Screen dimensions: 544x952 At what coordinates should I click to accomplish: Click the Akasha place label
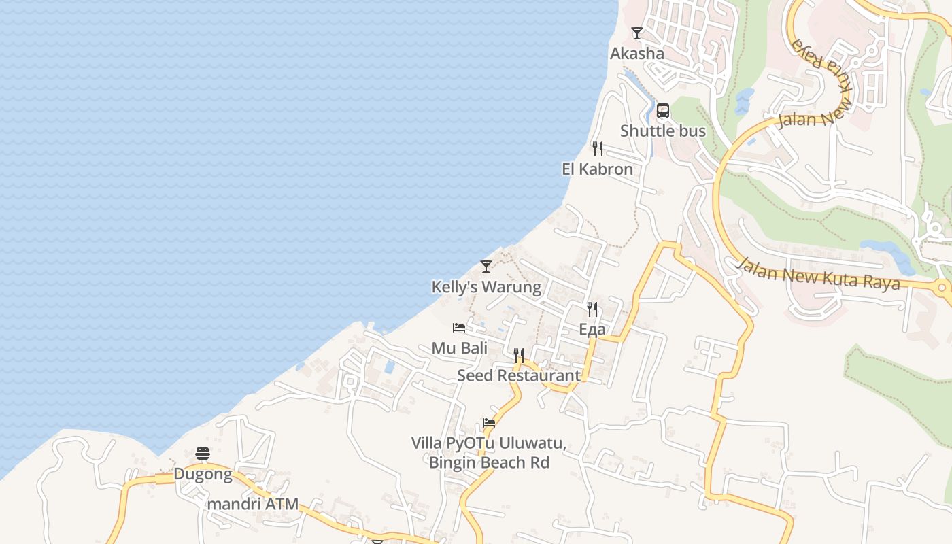(636, 53)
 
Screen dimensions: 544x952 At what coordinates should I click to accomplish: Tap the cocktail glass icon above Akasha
(637, 33)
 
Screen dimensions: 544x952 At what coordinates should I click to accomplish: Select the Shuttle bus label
(663, 131)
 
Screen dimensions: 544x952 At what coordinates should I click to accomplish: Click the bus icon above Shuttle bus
(663, 111)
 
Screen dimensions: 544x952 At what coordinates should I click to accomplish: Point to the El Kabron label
(597, 169)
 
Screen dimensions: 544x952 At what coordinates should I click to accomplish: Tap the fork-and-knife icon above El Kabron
(598, 149)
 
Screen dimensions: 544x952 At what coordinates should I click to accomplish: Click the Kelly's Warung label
(486, 287)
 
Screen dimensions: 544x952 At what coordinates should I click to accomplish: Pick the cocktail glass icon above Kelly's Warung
(486, 266)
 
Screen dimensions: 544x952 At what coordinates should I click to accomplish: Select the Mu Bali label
(460, 347)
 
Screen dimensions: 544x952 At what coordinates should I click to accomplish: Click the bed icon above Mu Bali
(459, 328)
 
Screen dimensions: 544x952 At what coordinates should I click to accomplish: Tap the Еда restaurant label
(592, 330)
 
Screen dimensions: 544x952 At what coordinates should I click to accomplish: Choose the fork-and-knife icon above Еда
(592, 309)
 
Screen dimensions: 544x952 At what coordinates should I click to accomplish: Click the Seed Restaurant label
(519, 375)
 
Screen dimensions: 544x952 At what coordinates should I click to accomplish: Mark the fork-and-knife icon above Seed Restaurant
(519, 355)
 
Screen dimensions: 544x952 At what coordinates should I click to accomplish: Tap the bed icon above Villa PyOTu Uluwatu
(489, 422)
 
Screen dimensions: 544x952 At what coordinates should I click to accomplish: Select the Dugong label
(203, 474)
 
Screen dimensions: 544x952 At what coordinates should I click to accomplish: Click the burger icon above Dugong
(203, 454)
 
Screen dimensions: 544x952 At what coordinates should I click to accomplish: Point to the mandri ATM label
(253, 504)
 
